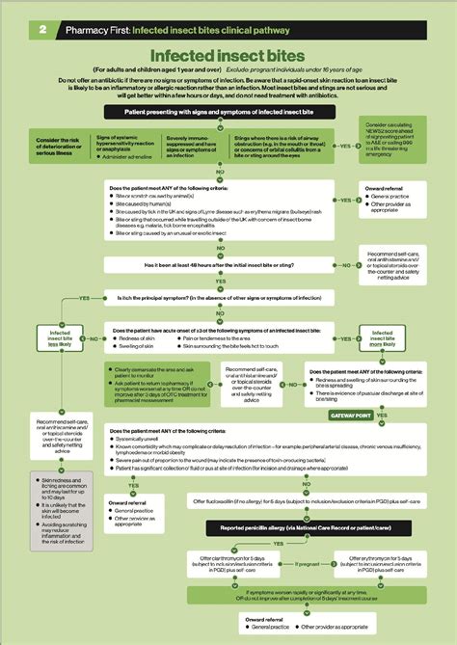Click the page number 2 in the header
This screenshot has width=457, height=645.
click(43, 30)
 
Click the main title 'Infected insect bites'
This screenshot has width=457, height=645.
click(228, 59)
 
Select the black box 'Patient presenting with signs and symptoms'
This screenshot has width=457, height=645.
click(228, 113)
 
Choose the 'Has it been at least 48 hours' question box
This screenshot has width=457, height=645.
click(228, 263)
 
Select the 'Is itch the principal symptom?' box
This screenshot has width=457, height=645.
click(228, 299)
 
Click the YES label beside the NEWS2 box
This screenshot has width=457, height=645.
click(344, 146)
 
